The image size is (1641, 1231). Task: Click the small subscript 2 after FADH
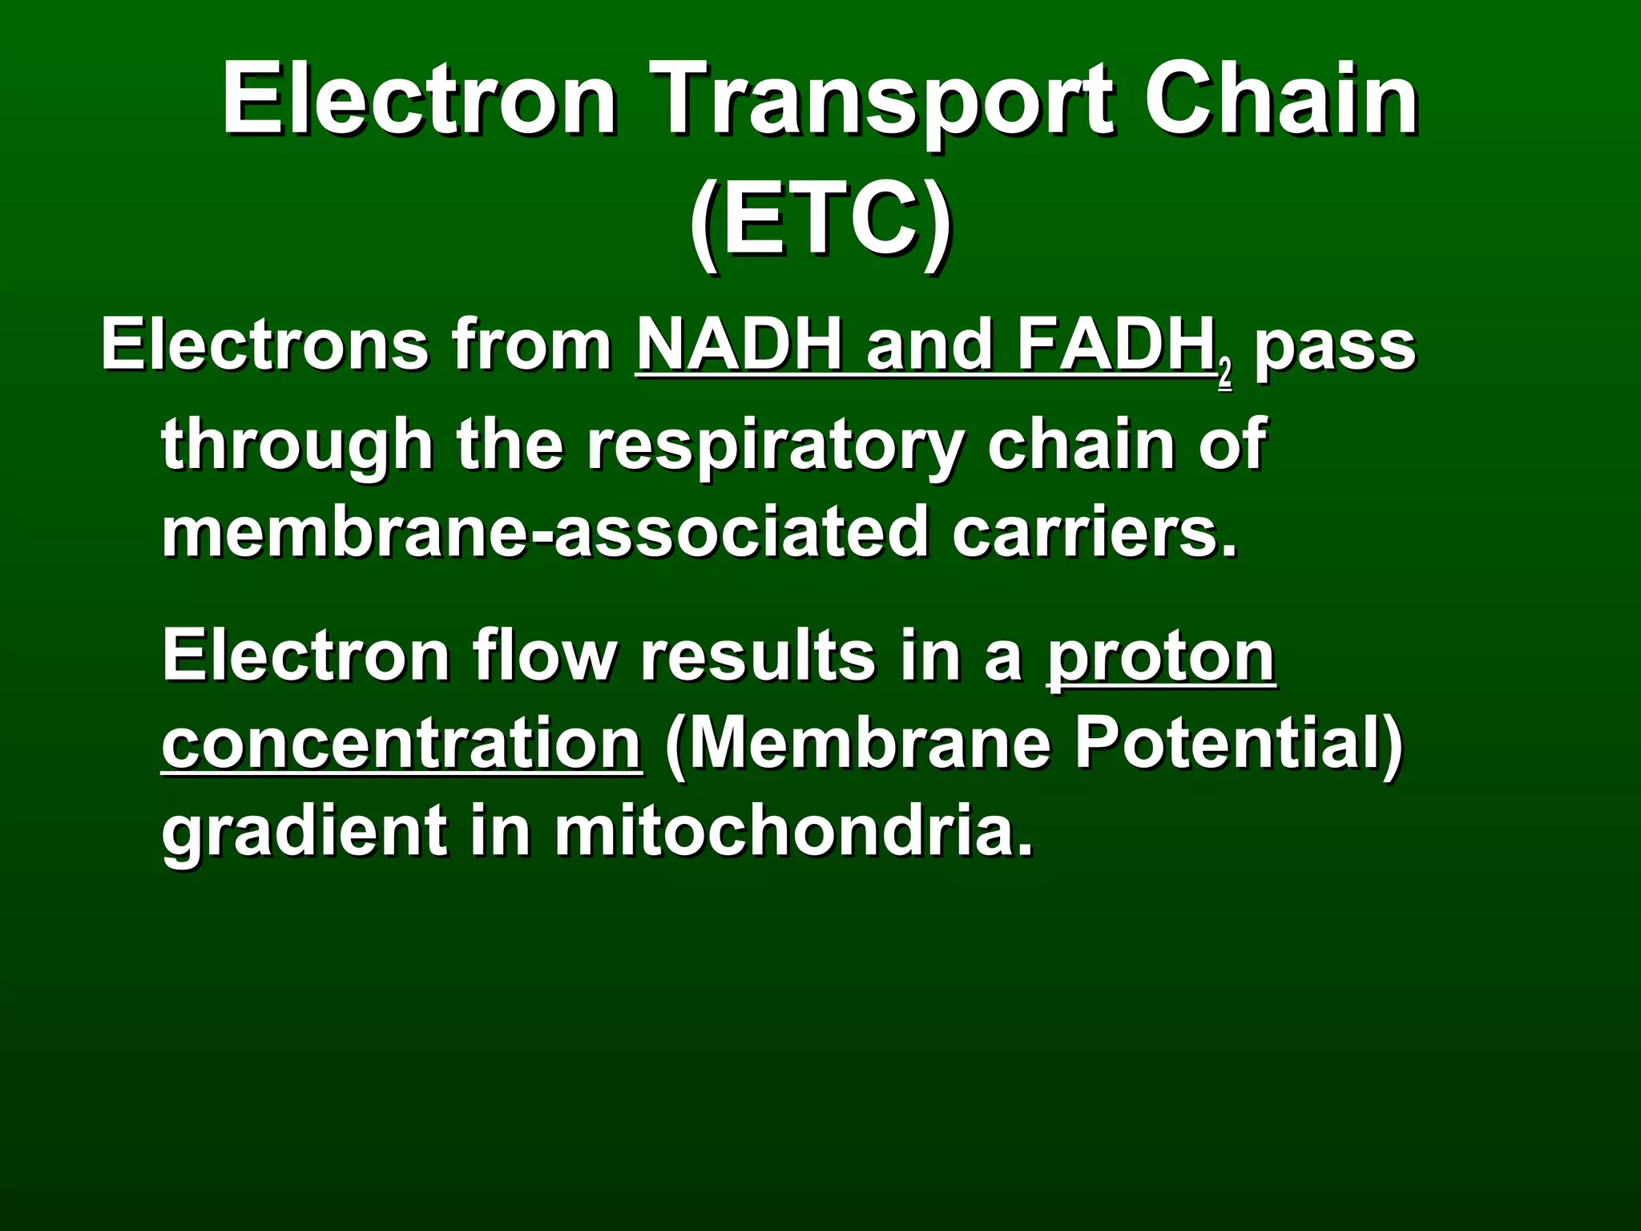(1224, 375)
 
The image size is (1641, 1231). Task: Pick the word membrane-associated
(545, 532)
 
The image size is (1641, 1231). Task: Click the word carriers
(1094, 532)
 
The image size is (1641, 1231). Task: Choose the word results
(756, 656)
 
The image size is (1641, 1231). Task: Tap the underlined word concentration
(401, 744)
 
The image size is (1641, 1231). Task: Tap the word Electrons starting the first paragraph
(264, 346)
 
